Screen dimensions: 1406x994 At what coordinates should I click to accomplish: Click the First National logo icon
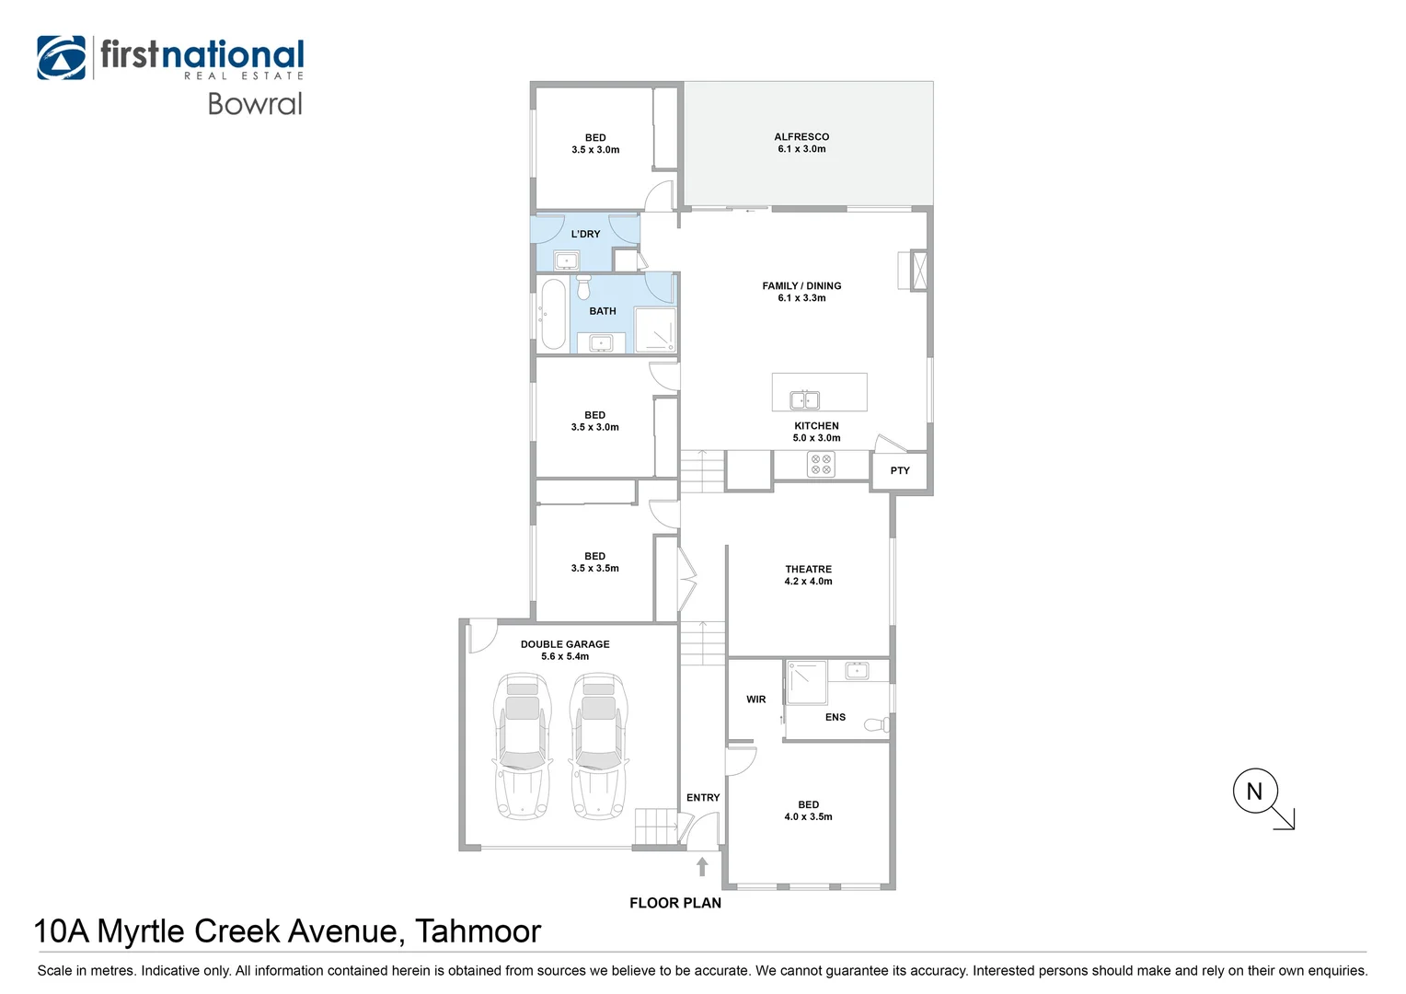[x=61, y=58]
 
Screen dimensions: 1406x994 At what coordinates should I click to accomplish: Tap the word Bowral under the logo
[x=255, y=104]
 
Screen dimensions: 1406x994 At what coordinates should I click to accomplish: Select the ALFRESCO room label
[x=801, y=137]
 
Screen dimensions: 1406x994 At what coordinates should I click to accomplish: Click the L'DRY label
[x=585, y=234]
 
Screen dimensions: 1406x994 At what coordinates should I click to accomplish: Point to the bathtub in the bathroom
[x=554, y=314]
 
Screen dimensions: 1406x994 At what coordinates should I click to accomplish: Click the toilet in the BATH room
[x=583, y=287]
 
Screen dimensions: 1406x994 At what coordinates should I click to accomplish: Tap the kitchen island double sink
[x=804, y=400]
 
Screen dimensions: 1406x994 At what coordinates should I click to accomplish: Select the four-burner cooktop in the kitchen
[x=821, y=465]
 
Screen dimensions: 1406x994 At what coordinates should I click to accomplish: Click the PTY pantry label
[x=900, y=470]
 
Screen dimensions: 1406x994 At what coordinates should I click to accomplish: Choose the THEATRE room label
[x=809, y=569]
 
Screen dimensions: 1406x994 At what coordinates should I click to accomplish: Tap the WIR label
[x=755, y=699]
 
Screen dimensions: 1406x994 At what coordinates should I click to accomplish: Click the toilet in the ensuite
[x=877, y=724]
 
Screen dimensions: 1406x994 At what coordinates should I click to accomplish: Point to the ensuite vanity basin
[x=857, y=671]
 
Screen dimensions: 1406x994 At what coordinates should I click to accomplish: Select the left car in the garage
[x=523, y=746]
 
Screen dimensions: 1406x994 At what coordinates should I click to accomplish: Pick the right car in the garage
[x=598, y=746]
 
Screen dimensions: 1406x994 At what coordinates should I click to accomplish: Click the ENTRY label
[x=703, y=797]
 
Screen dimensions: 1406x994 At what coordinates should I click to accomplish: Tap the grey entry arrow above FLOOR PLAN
[x=702, y=867]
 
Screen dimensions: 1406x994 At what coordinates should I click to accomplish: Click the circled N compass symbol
[x=1255, y=792]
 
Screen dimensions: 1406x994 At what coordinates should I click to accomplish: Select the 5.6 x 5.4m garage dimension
[x=565, y=656]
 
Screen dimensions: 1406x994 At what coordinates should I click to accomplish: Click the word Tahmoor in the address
[x=478, y=930]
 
